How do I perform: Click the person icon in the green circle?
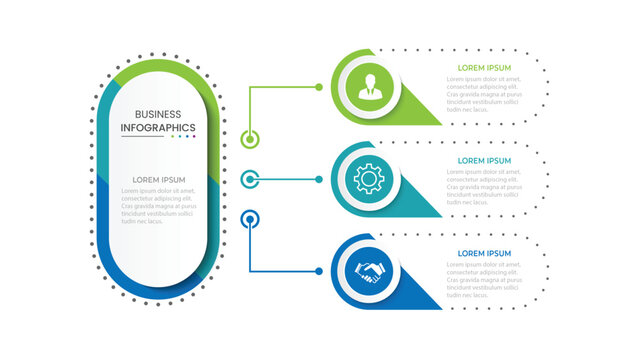[x=370, y=87]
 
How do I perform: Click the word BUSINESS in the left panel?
[x=158, y=114]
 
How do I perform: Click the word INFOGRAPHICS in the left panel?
[x=158, y=128]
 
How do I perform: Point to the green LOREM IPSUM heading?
[x=484, y=68]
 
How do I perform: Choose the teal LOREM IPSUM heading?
[x=484, y=160]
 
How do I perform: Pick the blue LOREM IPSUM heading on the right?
[x=484, y=253]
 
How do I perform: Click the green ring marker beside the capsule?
[x=251, y=139]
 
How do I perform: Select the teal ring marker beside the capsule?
[x=251, y=179]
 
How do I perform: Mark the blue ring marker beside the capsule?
[x=251, y=216]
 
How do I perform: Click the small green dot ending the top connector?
[x=319, y=87]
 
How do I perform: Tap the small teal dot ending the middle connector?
[x=319, y=179]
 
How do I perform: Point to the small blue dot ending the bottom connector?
[x=319, y=271]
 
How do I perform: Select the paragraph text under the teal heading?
[x=484, y=186]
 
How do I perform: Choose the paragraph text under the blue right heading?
[x=484, y=279]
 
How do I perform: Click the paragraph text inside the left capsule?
[x=158, y=206]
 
